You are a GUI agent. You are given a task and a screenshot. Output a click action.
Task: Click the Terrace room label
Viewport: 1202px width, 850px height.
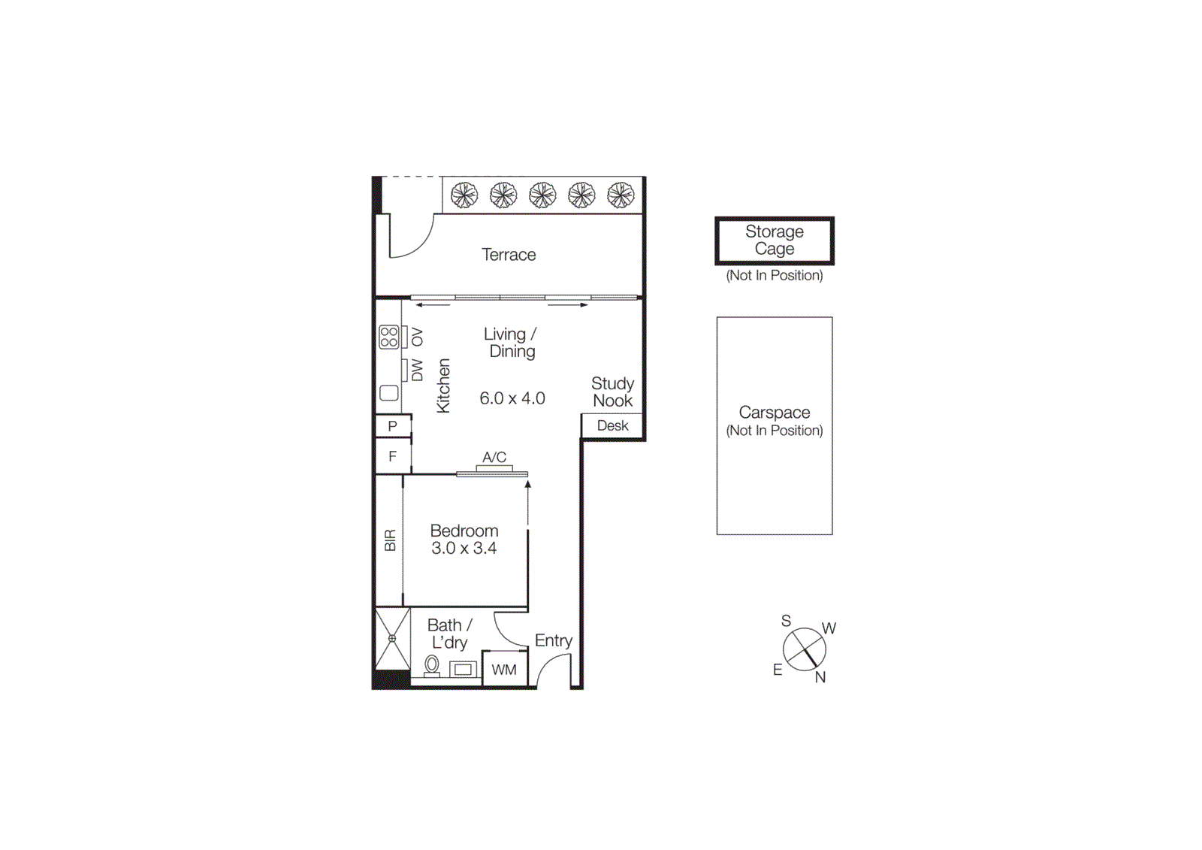(509, 255)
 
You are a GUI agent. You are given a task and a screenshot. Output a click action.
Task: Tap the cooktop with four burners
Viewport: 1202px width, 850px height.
(388, 337)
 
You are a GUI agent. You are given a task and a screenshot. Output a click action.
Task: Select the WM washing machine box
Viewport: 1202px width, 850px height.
(504, 670)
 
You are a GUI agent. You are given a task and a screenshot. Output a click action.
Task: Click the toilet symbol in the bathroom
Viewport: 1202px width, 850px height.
(432, 664)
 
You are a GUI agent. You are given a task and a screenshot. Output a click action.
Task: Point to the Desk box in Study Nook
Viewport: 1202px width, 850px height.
(612, 425)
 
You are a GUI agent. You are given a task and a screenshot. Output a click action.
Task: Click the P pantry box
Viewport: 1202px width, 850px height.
(392, 426)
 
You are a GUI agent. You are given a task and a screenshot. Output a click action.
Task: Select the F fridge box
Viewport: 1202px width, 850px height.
(392, 456)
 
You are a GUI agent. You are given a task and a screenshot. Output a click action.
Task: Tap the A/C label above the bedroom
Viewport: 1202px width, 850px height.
(494, 457)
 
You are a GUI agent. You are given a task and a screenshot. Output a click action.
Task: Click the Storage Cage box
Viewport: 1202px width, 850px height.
(774, 240)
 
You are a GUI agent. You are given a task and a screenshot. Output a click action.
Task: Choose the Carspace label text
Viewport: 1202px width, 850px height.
(774, 413)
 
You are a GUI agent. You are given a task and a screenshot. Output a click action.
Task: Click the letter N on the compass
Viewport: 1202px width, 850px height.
(820, 677)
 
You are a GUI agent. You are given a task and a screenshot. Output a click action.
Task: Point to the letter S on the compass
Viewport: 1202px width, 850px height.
(786, 621)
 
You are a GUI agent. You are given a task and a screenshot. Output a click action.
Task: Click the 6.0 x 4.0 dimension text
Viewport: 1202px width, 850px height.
(512, 398)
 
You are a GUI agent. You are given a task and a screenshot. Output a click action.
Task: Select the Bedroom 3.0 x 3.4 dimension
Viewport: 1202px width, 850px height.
(464, 549)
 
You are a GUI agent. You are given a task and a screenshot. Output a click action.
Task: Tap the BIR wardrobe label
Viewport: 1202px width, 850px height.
(390, 540)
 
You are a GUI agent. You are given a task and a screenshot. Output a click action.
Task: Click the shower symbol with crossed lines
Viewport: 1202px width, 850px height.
(392, 638)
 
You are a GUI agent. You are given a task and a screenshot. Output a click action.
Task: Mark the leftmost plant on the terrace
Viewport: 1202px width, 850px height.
(464, 195)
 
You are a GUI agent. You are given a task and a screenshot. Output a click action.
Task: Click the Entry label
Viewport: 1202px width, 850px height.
(554, 640)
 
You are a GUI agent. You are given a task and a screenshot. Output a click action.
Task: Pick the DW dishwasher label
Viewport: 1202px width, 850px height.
(418, 370)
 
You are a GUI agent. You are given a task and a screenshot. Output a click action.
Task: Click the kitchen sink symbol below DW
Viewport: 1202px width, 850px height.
(388, 392)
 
